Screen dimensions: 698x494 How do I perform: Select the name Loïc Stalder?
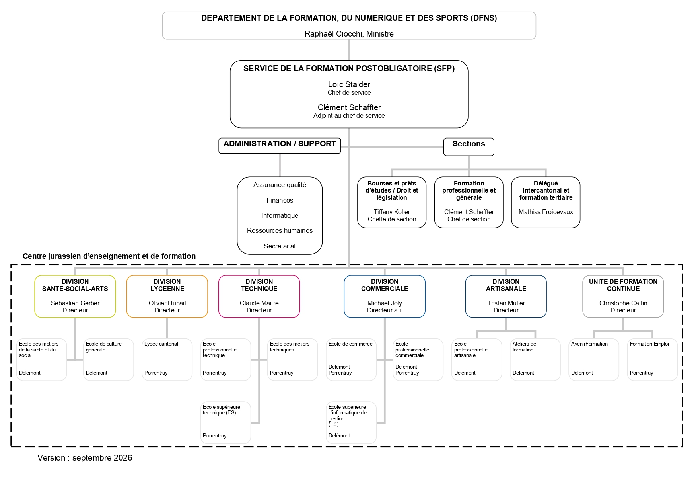tap(349, 84)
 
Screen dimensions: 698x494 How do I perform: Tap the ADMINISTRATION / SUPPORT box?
tap(280, 146)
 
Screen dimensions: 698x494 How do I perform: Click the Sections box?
tap(469, 147)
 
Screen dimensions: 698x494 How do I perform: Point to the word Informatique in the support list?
tap(280, 215)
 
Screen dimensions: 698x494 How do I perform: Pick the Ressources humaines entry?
tap(280, 230)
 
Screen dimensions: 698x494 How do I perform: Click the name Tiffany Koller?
tap(392, 212)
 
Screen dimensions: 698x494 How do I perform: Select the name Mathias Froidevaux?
tap(546, 212)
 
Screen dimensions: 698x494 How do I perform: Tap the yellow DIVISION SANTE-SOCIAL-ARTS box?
tap(75, 297)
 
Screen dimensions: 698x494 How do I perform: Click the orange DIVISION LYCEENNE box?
tap(167, 297)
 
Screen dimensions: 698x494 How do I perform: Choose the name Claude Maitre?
tap(259, 303)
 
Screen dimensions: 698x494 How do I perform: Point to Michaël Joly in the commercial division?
tap(385, 303)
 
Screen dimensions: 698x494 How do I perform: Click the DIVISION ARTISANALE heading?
tap(506, 285)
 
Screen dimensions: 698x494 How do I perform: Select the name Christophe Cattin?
tap(623, 303)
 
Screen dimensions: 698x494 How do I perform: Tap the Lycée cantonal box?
tap(167, 359)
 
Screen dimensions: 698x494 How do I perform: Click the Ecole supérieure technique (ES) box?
tap(226, 423)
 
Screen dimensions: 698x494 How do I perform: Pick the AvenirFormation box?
tap(594, 359)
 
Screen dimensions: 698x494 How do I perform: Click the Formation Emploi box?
tap(652, 359)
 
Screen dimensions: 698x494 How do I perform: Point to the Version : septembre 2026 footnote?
tap(85, 458)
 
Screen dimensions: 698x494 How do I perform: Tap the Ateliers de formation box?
tap(535, 359)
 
